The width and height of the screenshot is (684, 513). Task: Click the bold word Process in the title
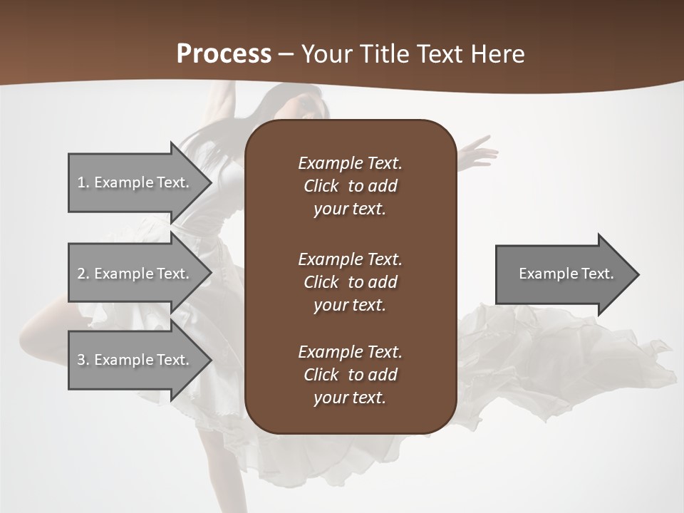point(224,54)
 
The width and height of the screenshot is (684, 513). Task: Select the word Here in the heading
point(497,54)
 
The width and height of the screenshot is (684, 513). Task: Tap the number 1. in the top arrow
point(83,182)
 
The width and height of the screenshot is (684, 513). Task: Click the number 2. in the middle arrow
point(83,274)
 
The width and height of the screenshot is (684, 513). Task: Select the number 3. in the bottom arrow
point(83,360)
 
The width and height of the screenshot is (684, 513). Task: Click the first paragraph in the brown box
point(350,186)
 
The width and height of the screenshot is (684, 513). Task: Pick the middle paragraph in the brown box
point(350,282)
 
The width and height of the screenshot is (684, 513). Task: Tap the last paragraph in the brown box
point(350,375)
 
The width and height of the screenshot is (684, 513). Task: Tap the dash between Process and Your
point(286,55)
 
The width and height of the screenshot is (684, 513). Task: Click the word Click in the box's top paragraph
point(321,186)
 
